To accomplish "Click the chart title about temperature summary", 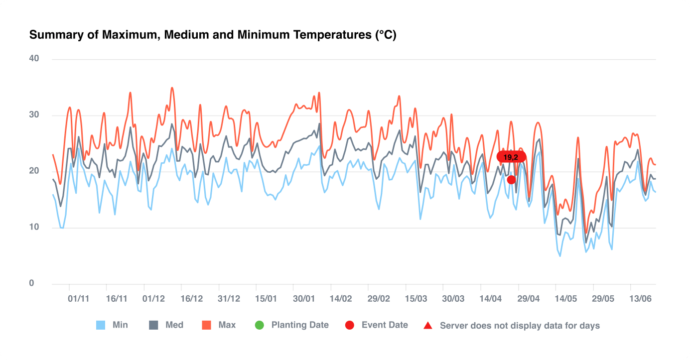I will (213, 35).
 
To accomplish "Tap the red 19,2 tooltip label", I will (511, 157).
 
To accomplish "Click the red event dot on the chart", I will (511, 180).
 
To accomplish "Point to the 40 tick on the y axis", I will (34, 59).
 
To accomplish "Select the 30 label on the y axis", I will (34, 115).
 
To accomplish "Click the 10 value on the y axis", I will (34, 228).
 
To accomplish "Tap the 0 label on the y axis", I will (32, 284).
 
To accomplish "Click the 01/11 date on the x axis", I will (79, 299).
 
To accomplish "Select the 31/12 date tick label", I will (229, 299).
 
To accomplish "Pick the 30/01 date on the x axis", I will (303, 299).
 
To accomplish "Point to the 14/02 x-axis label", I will (341, 299).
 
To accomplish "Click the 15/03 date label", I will (416, 299).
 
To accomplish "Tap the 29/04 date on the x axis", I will (529, 299).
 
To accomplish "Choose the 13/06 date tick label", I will (641, 299).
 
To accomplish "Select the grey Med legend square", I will (154, 326).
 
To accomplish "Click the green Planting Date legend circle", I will (260, 326).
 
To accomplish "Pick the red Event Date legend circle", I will (350, 326).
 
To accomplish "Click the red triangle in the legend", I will (427, 326).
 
